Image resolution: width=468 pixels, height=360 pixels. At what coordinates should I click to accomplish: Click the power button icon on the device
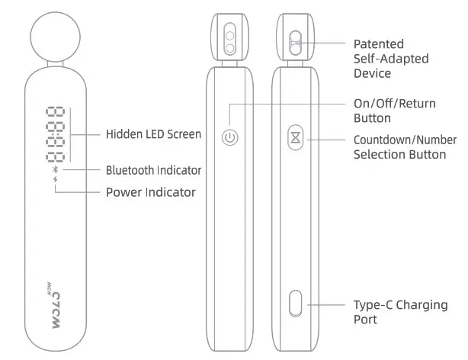[x=230, y=138]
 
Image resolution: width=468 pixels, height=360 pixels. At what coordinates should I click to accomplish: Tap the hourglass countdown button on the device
[x=295, y=138]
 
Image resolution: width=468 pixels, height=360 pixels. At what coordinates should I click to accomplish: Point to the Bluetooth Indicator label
[x=153, y=169]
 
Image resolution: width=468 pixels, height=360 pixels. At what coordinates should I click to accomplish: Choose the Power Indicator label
[x=150, y=192]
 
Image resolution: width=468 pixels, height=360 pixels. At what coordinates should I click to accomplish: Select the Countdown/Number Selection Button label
[x=405, y=147]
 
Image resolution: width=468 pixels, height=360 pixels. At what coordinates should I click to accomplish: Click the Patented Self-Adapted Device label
[x=391, y=59]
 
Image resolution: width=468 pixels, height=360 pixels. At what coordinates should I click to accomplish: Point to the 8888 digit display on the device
[x=55, y=135]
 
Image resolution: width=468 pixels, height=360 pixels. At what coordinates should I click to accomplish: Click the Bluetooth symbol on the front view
[x=55, y=170]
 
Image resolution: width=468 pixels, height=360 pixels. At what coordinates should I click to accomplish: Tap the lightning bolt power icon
[x=55, y=182]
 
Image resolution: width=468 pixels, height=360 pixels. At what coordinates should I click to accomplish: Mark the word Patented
[x=379, y=44]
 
